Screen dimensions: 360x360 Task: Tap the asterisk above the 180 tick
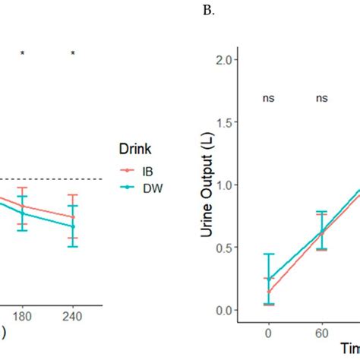(x=23, y=53)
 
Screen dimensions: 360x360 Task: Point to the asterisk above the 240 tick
(x=73, y=53)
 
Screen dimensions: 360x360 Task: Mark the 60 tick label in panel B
(x=323, y=333)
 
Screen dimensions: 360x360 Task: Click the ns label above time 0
(x=268, y=98)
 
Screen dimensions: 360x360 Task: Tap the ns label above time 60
(x=323, y=98)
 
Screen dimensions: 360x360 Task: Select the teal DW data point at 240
(x=73, y=226)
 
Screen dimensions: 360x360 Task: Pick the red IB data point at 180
(x=23, y=206)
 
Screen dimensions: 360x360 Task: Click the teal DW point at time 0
(x=268, y=279)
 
